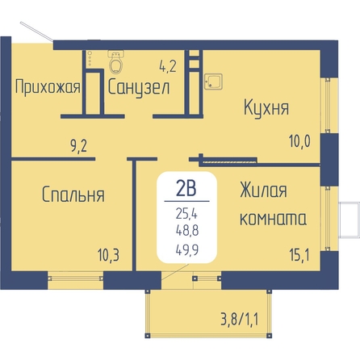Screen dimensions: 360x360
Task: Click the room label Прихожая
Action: point(48,88)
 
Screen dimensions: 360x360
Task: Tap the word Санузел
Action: point(139,87)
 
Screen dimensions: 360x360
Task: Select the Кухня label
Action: point(266,108)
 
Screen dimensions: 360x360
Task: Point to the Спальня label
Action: point(73,195)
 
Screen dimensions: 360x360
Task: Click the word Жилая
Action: point(263,190)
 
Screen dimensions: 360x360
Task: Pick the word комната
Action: point(273,218)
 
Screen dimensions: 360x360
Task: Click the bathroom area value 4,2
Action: point(168,66)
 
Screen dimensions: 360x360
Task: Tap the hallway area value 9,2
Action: point(79,147)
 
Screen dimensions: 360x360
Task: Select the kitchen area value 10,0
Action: point(299,141)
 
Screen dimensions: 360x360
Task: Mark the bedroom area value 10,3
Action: point(108,255)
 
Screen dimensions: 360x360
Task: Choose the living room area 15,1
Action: point(299,255)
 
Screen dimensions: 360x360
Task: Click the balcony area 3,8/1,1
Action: point(240,320)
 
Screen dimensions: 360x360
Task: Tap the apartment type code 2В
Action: point(186,188)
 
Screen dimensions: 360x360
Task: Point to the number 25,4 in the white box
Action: point(186,214)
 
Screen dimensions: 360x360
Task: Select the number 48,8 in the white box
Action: point(187,231)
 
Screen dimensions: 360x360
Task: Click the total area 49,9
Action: point(187,250)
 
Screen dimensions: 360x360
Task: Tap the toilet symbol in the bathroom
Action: point(116,61)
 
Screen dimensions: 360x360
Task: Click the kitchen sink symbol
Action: point(213,82)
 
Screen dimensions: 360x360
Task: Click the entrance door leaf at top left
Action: point(37,31)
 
